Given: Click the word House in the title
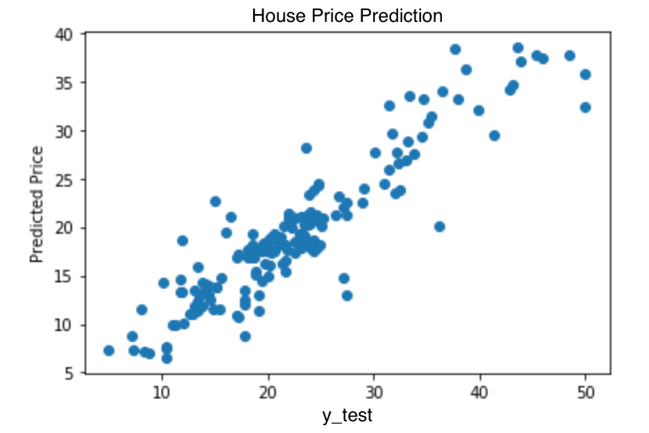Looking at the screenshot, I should click(273, 16).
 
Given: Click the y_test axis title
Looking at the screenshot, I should click(346, 415).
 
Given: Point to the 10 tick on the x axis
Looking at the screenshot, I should click(161, 391).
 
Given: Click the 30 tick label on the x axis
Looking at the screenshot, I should click(374, 391).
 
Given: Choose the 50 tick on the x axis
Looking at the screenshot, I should click(586, 391).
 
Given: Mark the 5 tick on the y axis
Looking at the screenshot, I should click(69, 373).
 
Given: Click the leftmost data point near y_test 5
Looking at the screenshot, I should click(109, 351).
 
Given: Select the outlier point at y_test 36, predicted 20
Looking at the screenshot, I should click(440, 227).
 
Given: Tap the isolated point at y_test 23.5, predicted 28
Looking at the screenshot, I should click(306, 148).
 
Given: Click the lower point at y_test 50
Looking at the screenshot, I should click(586, 107).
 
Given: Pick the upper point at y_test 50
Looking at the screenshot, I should click(586, 75).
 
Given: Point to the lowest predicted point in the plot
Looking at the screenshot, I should click(167, 358).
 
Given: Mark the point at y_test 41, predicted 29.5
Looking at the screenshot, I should click(495, 136).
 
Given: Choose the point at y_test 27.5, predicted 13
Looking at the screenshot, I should click(347, 296).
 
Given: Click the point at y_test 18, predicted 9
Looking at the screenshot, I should click(245, 337).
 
